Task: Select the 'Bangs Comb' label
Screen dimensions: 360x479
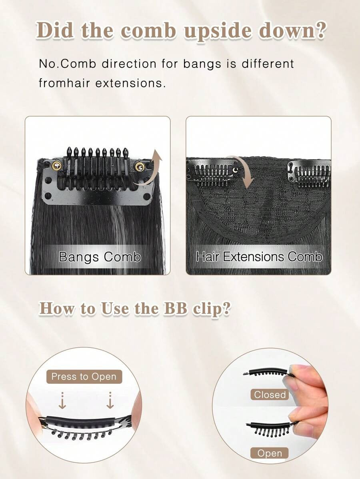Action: point(100,257)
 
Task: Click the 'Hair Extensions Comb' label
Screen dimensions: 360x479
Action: point(259,257)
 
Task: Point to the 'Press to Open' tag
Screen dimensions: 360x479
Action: point(84,377)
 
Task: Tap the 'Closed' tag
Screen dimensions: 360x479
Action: point(270,395)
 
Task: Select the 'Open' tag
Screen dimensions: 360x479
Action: point(270,453)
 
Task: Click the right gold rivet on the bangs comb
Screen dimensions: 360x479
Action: point(140,167)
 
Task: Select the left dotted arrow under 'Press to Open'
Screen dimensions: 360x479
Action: point(62,401)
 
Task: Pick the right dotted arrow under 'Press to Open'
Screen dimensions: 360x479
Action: point(110,401)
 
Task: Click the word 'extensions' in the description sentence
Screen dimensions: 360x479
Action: point(130,83)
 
